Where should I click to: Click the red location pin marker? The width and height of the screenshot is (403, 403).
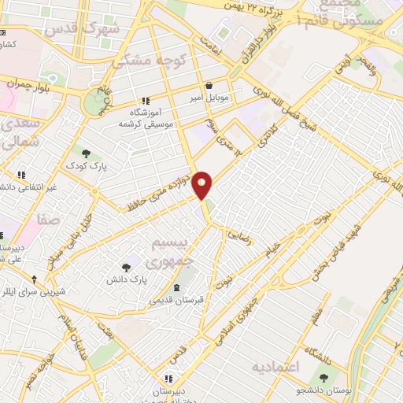click(202, 184)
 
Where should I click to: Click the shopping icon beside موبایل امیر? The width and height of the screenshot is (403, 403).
click(208, 85)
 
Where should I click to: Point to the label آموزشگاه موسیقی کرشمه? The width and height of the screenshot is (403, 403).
click(145, 118)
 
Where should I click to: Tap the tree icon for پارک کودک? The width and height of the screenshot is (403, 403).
click(86, 153)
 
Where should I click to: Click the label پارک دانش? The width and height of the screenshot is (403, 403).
click(128, 279)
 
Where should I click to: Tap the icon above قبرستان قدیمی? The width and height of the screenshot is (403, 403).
click(176, 285)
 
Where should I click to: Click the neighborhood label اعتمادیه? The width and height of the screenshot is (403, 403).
click(277, 368)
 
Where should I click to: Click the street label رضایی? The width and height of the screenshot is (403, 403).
click(239, 235)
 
